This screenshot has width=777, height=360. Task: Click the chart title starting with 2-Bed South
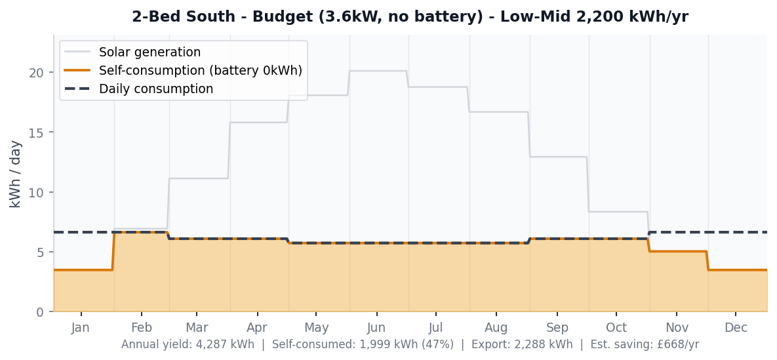point(410,17)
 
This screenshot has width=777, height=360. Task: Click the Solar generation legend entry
point(149,52)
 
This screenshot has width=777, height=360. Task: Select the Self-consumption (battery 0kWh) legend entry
point(200,70)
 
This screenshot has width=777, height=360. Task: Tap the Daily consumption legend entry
point(155,89)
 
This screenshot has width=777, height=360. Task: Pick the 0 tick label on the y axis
point(41,312)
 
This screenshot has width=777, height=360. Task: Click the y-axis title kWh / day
point(16,174)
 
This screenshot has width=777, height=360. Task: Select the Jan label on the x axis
point(81,328)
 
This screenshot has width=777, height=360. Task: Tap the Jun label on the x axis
point(376,328)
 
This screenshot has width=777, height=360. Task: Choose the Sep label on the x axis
point(557,328)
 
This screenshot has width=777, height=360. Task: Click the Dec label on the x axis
point(736,328)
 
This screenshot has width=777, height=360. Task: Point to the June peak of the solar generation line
point(378,71)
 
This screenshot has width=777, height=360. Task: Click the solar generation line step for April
point(258,122)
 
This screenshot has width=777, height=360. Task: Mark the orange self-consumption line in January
point(82,270)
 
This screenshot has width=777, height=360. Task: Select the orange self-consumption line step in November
point(678,251)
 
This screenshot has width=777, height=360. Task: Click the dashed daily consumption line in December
point(737,232)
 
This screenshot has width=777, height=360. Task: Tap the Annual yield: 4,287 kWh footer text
point(188,345)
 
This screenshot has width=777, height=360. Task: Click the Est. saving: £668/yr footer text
point(645,345)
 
